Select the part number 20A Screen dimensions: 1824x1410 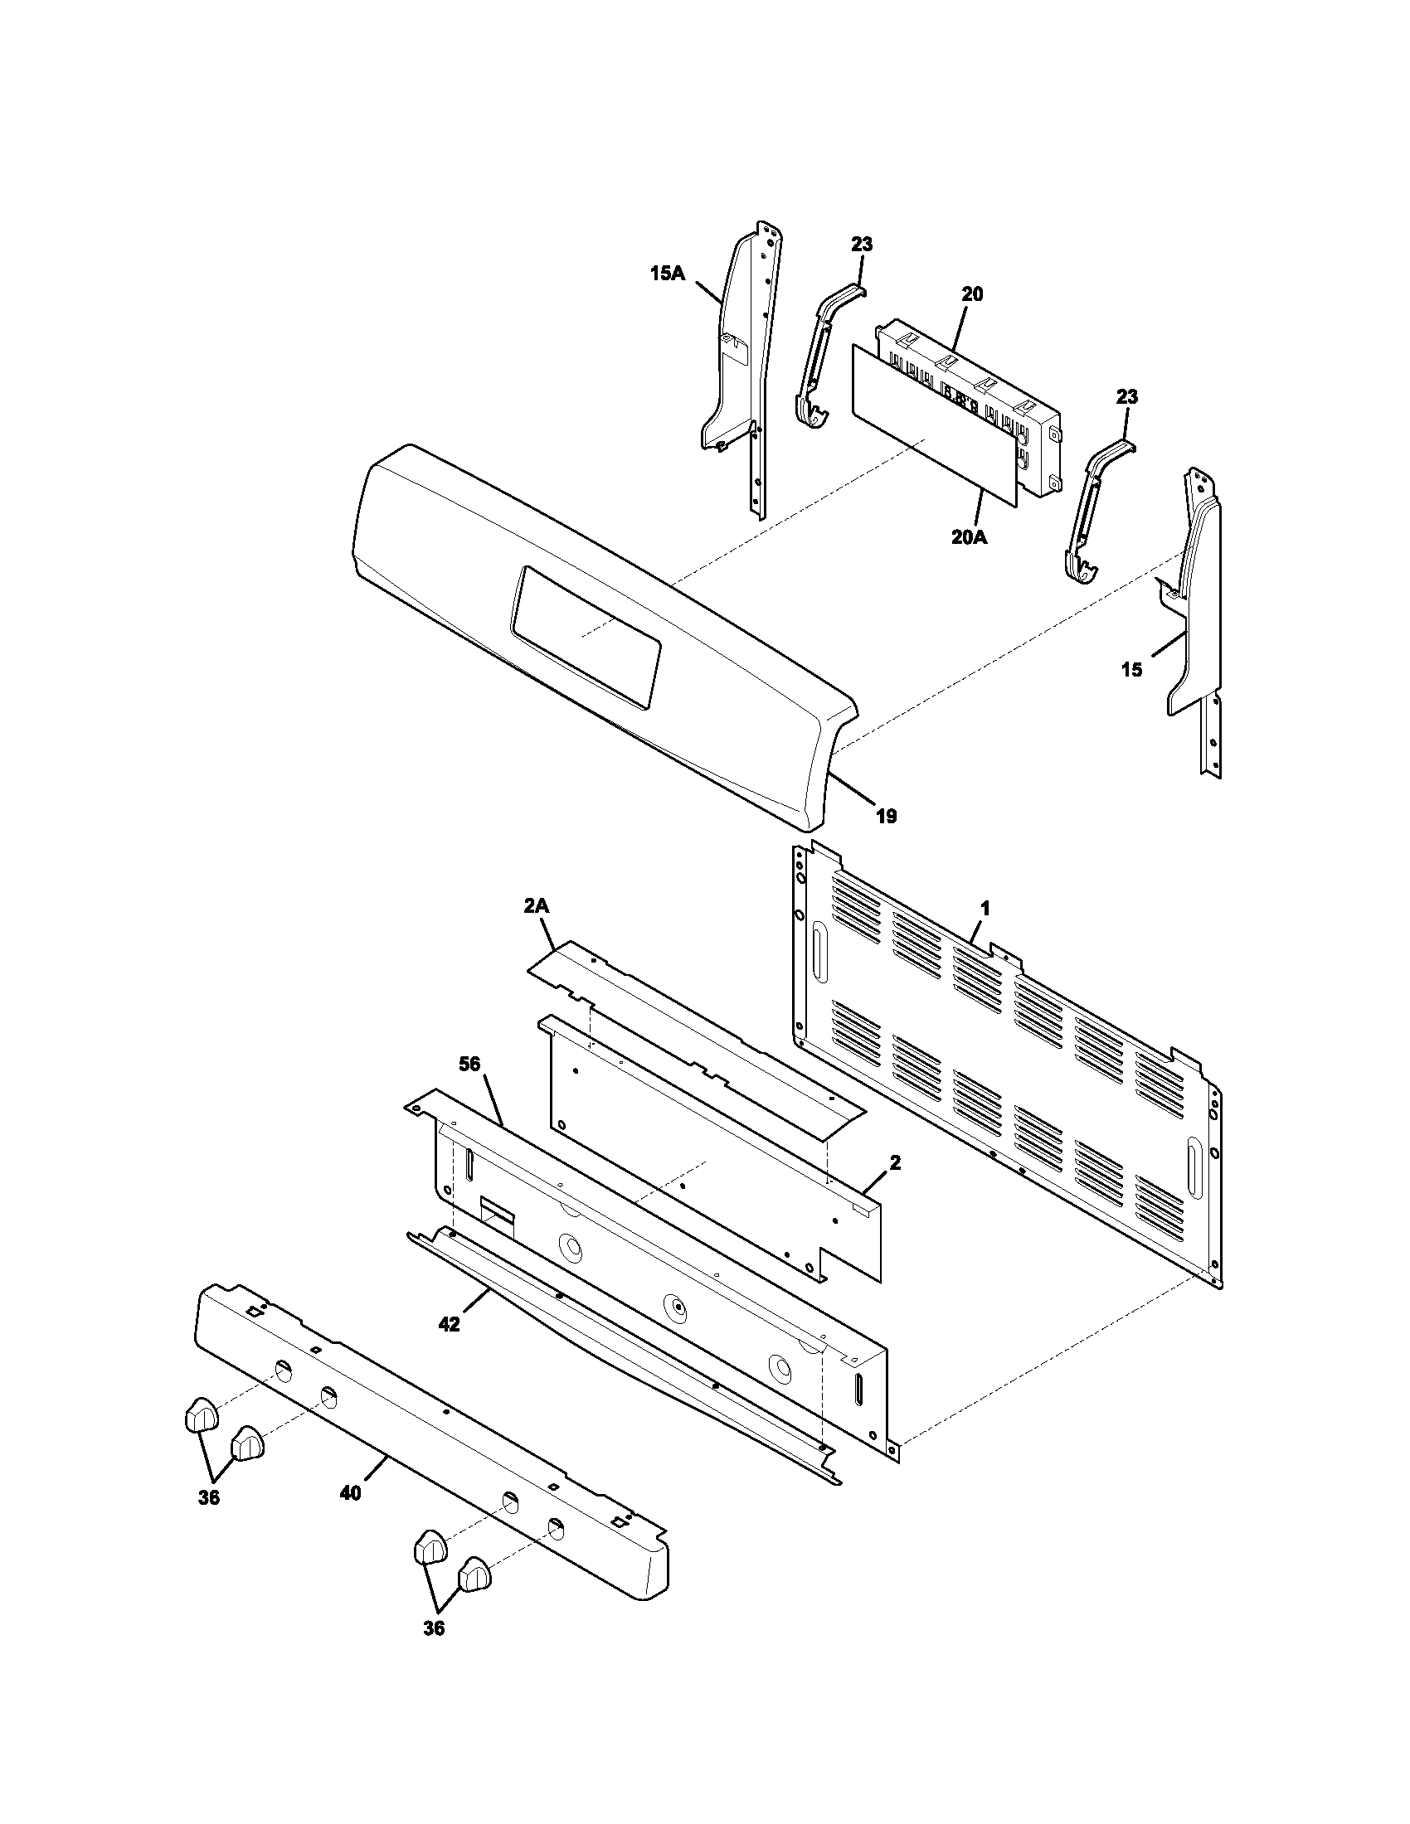[x=968, y=538]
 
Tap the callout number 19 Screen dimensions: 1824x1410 [x=887, y=816]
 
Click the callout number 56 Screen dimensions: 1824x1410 [x=470, y=1063]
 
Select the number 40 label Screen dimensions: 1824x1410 [x=351, y=1492]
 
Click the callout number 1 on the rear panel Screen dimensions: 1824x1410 [x=985, y=908]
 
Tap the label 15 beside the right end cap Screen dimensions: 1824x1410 [x=1131, y=670]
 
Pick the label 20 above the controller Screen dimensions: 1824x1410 [x=971, y=294]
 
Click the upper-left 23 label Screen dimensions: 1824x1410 [x=862, y=245]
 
